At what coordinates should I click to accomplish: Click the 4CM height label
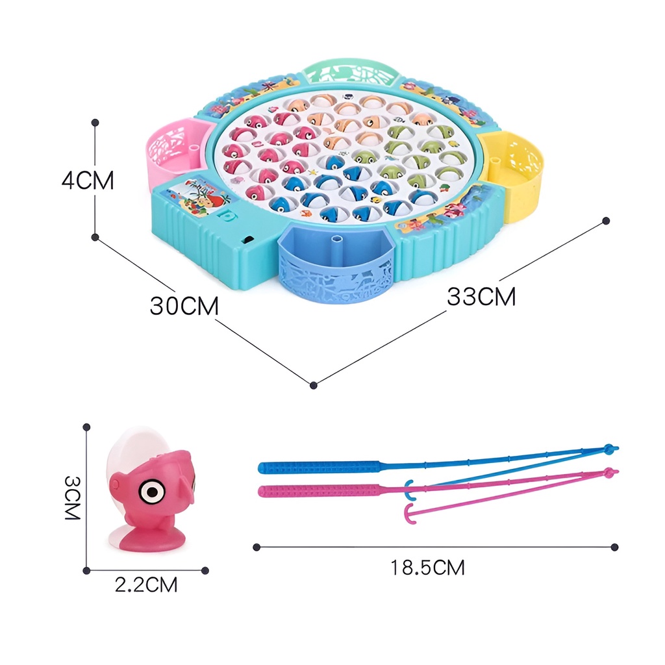pos(88,180)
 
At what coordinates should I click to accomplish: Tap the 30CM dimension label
pos(184,305)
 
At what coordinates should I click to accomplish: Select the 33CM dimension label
pos(481,296)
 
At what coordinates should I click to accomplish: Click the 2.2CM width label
pos(146,584)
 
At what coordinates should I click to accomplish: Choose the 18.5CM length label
pos(427,568)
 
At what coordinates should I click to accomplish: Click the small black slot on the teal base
pos(247,240)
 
